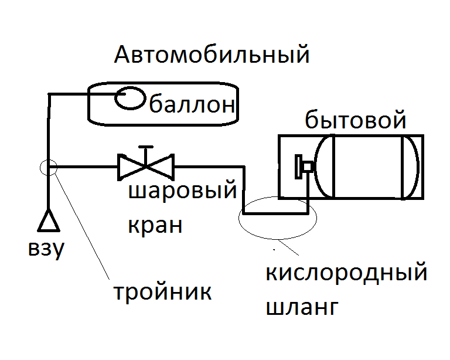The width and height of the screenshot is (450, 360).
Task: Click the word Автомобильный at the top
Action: tap(211, 56)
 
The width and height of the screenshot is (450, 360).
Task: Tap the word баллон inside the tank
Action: tap(193, 106)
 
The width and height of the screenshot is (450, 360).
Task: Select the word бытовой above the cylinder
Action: tap(356, 121)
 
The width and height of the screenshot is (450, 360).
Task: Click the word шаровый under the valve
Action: tap(182, 192)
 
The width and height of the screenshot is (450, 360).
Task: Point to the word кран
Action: tap(155, 225)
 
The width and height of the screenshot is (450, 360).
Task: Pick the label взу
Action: tap(45, 250)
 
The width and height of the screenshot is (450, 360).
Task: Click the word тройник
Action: tap(162, 291)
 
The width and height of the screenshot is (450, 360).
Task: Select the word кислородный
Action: tap(346, 273)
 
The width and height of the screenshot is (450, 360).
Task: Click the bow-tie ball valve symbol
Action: tap(146, 167)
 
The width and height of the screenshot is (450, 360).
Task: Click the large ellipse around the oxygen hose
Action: tap(277, 217)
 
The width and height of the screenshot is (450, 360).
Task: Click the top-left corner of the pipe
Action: tap(50, 94)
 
